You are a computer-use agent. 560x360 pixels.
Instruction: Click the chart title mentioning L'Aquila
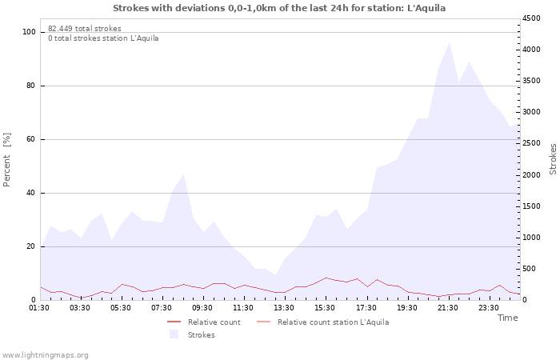(279, 8)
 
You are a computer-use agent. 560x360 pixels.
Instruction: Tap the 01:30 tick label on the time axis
(39, 308)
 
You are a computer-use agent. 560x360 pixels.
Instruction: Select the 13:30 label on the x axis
(284, 308)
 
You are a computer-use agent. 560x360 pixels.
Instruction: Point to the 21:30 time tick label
(448, 308)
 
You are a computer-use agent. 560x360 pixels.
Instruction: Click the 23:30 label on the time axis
(489, 308)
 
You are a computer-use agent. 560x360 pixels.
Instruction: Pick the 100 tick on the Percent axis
(29, 32)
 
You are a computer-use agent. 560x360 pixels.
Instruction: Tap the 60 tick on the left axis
(31, 139)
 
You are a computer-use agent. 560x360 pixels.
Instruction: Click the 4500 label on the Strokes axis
(531, 18)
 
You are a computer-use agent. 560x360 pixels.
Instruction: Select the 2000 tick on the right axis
(531, 175)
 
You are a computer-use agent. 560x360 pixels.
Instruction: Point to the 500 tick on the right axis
(529, 269)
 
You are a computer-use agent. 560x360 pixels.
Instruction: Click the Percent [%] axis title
(6, 160)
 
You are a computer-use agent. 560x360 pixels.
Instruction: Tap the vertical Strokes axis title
(553, 159)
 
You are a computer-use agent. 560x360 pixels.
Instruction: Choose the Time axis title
(508, 318)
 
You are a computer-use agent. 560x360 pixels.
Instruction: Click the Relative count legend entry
(204, 322)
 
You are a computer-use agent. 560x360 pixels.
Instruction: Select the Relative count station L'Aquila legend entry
(323, 322)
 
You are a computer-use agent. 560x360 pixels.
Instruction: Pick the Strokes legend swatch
(174, 334)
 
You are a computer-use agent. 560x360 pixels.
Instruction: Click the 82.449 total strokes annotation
(85, 29)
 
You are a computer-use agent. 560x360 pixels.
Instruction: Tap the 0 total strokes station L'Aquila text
(103, 38)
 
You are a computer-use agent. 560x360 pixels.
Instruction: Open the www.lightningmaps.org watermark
(45, 355)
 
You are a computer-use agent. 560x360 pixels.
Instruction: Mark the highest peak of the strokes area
(449, 43)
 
